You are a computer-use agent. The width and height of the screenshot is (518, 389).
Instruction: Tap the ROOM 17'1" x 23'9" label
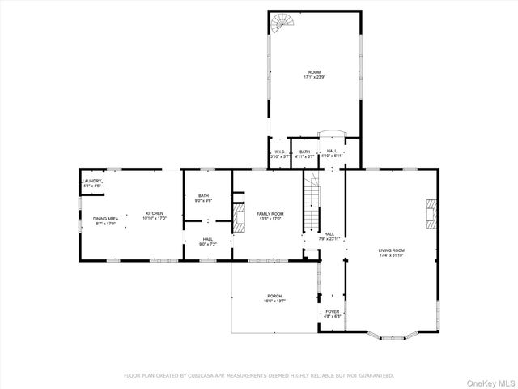pyautogui.click(x=315, y=75)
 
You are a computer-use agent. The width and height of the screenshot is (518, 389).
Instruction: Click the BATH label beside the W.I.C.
pyautogui.click(x=304, y=153)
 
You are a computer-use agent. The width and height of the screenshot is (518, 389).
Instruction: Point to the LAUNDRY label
pyautogui.click(x=92, y=183)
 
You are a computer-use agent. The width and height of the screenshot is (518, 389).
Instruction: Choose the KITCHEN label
pyautogui.click(x=155, y=216)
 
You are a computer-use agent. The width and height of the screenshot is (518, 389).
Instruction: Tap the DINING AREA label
pyautogui.click(x=105, y=220)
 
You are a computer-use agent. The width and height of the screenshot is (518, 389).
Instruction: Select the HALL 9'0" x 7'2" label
pyautogui.click(x=207, y=242)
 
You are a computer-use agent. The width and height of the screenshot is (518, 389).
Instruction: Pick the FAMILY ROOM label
pyautogui.click(x=270, y=216)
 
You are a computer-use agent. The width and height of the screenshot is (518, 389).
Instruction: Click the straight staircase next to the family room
pyautogui.click(x=313, y=206)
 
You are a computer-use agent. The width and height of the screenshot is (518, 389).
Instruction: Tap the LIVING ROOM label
pyautogui.click(x=391, y=253)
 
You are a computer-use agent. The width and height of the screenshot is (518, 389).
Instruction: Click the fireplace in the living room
pyautogui.click(x=431, y=212)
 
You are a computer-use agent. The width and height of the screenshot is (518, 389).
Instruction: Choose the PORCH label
pyautogui.click(x=274, y=297)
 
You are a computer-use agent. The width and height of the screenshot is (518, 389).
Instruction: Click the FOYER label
pyautogui.click(x=333, y=314)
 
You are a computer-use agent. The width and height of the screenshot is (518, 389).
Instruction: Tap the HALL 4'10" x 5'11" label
pyautogui.click(x=332, y=153)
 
